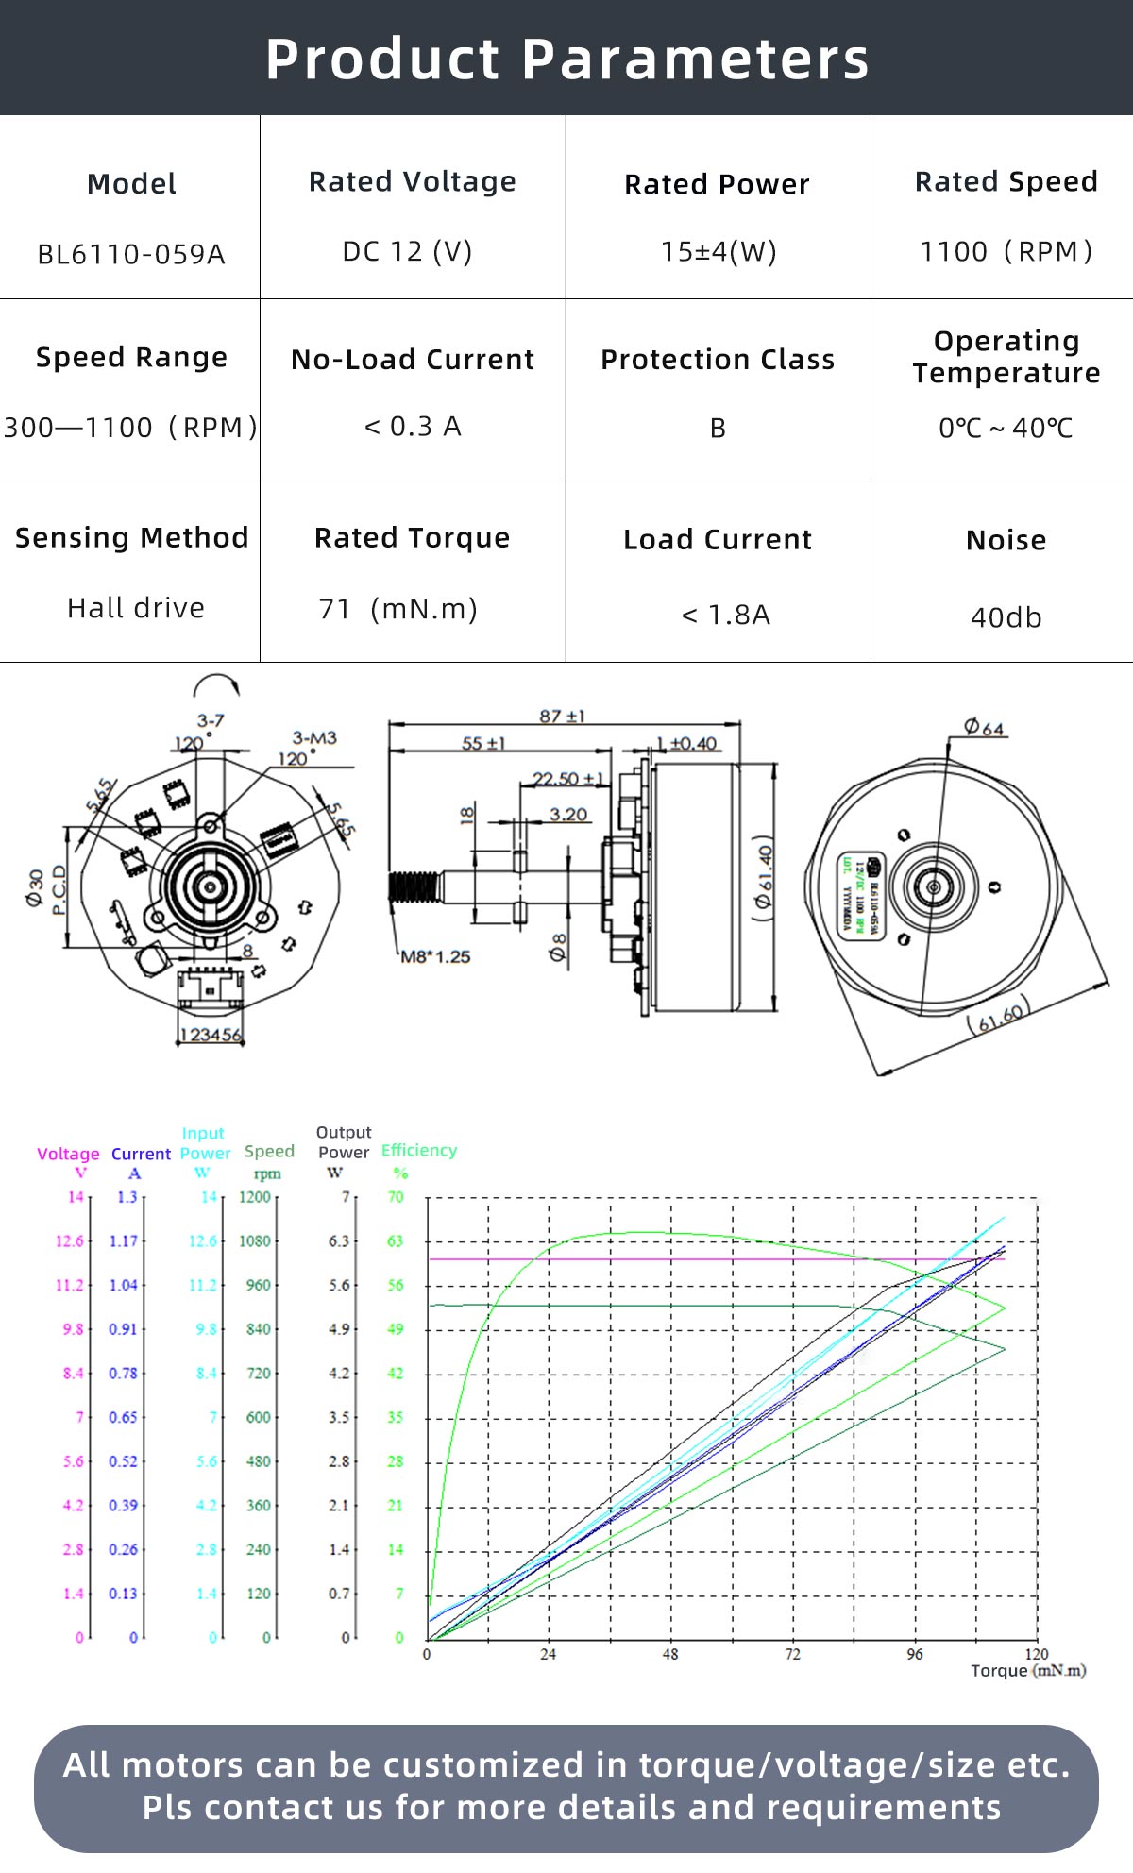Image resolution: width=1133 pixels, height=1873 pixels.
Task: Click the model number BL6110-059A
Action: [131, 254]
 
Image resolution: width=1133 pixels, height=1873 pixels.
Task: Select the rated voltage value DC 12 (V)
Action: [407, 252]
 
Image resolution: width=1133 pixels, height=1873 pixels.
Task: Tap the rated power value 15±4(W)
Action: [719, 252]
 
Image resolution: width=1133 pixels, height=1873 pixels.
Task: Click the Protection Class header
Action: [718, 360]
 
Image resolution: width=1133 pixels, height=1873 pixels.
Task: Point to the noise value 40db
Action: [1006, 617]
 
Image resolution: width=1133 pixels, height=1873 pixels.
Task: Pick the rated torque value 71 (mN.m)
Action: [398, 609]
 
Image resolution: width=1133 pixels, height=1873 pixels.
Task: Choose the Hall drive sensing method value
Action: [136, 608]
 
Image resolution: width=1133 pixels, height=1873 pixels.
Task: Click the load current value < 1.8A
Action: [725, 616]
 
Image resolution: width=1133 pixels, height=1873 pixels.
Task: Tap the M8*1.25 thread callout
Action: [435, 956]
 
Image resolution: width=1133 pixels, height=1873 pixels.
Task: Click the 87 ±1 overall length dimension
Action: [563, 717]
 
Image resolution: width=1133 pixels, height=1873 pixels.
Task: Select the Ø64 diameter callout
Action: [984, 727]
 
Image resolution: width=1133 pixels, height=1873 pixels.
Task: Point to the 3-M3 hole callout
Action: [314, 737]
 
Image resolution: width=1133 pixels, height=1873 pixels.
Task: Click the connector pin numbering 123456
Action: [211, 1035]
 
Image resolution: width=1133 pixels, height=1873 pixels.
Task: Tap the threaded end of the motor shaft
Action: [414, 886]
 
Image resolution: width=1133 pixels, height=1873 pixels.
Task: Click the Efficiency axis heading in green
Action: [419, 1150]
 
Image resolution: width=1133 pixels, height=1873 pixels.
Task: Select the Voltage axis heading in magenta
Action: [68, 1154]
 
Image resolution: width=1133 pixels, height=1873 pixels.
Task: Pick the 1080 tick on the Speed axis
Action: [255, 1240]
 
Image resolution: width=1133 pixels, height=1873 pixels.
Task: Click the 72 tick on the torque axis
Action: [792, 1654]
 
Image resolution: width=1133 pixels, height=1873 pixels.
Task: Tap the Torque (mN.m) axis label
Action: [1028, 1671]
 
